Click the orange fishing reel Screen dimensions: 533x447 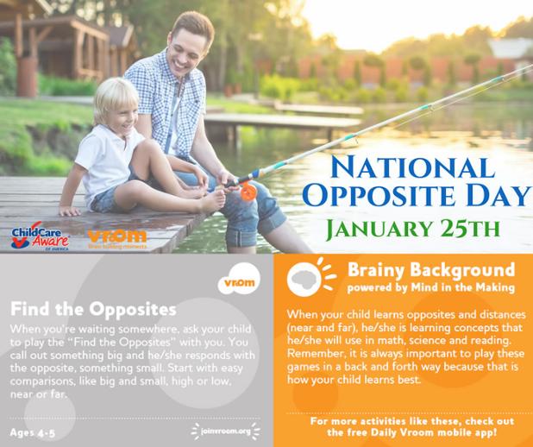coord(249,192)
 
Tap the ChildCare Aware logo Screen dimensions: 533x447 coord(40,236)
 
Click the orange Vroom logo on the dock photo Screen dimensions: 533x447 coord(117,239)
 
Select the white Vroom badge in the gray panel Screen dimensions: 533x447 coord(239,279)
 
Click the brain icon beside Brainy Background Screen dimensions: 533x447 coord(304,279)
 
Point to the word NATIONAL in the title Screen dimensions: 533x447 coord(412,167)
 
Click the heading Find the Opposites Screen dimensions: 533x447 coord(93,309)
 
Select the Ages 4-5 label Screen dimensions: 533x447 coord(32,432)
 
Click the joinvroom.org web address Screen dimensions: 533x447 coord(226,431)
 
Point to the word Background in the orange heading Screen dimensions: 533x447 coord(462,271)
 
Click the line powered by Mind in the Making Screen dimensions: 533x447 coord(430,288)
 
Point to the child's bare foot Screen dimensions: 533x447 coord(212,202)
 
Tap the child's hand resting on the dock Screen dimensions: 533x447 coord(69,211)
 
